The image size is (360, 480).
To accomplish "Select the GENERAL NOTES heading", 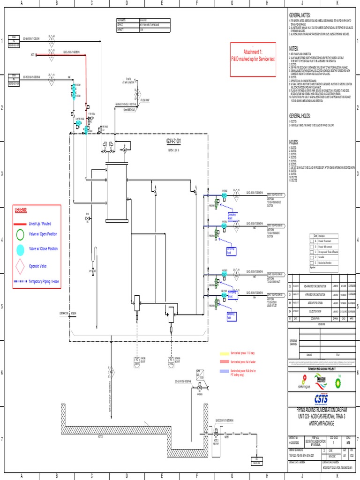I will pyautogui.click(x=300, y=15).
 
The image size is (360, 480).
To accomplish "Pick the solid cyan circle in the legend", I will pyautogui.click(x=20, y=249).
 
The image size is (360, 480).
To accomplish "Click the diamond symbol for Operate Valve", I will pyautogui.click(x=20, y=266).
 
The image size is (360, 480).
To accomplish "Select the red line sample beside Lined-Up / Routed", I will pyautogui.click(x=20, y=224).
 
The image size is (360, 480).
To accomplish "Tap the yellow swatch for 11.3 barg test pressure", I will pyautogui.click(x=224, y=352).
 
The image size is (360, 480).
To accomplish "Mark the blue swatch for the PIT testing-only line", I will pyautogui.click(x=224, y=371).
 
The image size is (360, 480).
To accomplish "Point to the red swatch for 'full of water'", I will pyautogui.click(x=224, y=362).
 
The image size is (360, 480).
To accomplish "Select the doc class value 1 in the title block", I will pyautogui.click(x=333, y=442).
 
